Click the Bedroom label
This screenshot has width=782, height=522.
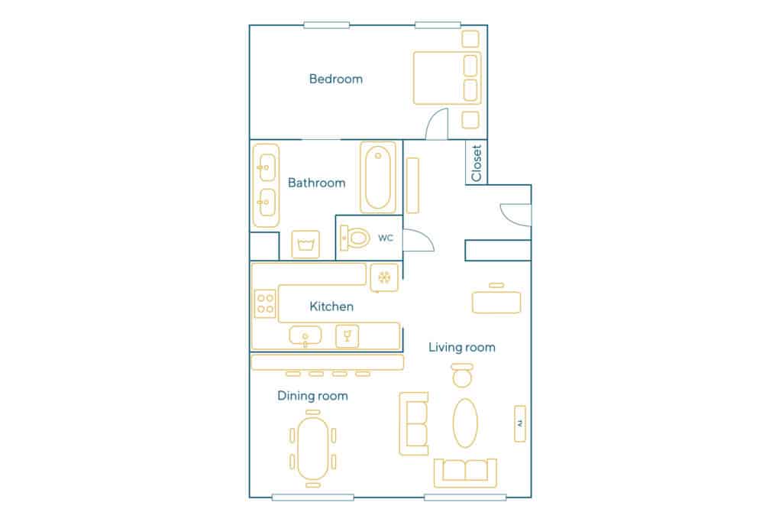[336, 79]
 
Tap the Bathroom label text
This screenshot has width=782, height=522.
[317, 183]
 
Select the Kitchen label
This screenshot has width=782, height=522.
[331, 306]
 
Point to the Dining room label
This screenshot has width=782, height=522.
[312, 396]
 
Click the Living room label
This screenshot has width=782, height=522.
[462, 347]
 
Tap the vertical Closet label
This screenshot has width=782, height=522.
[477, 164]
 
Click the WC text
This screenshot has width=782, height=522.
[386, 238]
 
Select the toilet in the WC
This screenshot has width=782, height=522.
[354, 238]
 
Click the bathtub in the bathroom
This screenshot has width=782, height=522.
[378, 177]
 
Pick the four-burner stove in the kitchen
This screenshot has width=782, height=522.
[265, 303]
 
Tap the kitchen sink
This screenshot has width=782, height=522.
[305, 336]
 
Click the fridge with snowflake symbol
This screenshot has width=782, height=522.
[384, 277]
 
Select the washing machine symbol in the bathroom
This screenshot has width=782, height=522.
[305, 245]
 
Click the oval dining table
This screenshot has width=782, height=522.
[312, 449]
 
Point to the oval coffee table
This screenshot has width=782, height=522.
[465, 423]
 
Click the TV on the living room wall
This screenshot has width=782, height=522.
[520, 423]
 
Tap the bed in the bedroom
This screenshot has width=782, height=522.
[448, 78]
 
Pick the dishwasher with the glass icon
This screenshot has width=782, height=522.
[347, 336]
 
